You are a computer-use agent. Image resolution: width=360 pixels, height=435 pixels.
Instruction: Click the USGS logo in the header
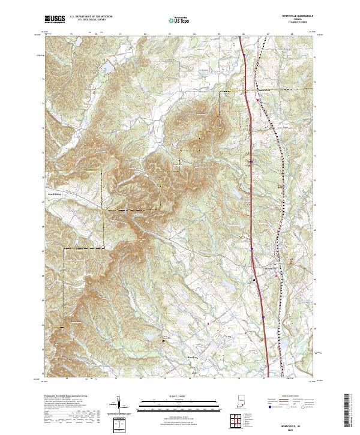[x=55, y=19]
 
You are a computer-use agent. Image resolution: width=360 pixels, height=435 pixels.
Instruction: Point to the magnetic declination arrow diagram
[x=119, y=404]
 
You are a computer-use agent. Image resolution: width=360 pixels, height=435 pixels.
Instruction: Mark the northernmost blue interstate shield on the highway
[x=245, y=56]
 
